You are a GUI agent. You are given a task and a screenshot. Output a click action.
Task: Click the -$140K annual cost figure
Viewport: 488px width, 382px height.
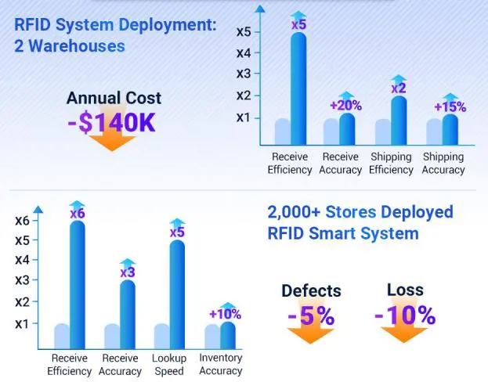(114, 124)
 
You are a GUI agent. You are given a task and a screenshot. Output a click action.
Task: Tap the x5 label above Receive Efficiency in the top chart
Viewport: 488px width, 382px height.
(298, 25)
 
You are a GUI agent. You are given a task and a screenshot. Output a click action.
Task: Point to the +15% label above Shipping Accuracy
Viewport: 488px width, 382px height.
(450, 106)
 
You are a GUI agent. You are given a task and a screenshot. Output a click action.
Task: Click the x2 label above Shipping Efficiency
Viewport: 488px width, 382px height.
(399, 88)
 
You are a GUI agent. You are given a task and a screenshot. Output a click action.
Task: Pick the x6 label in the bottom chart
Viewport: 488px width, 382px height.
(77, 213)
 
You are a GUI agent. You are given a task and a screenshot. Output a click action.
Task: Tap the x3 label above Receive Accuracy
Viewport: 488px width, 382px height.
(127, 272)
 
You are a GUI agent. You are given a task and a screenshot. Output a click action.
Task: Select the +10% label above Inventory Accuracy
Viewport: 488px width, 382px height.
(227, 314)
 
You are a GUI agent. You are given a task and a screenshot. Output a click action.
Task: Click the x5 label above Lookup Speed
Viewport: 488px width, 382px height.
(177, 232)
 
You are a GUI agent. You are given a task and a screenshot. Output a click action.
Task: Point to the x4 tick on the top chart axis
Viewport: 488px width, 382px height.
(243, 53)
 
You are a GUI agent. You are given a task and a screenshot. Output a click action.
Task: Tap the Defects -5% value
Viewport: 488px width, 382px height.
(310, 316)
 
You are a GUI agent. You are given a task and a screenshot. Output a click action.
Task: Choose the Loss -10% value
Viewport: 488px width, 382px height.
(404, 315)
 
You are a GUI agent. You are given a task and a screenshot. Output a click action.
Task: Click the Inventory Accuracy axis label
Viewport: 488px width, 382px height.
(220, 364)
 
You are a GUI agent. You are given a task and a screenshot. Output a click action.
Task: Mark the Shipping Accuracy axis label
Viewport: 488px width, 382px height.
(443, 163)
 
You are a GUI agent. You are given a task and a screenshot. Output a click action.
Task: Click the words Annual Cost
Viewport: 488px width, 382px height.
(114, 99)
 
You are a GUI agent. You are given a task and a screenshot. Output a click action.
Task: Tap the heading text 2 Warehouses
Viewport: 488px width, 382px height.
(70, 45)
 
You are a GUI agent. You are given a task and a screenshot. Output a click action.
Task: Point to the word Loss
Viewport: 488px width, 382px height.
(405, 290)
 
